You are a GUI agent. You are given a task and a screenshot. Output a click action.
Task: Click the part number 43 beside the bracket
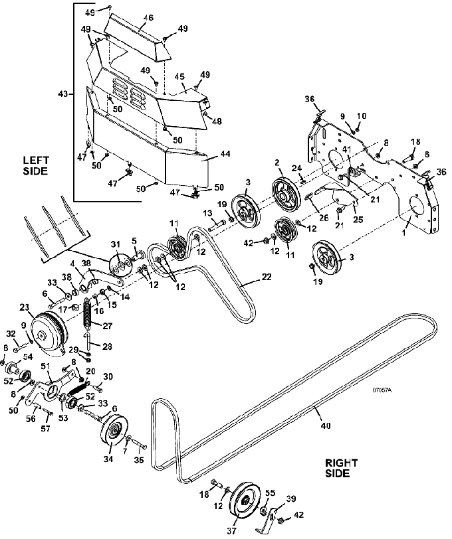click(x=63, y=94)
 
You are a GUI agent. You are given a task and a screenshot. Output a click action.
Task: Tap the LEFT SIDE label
click(x=36, y=165)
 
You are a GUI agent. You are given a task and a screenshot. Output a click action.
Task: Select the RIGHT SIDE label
click(x=342, y=468)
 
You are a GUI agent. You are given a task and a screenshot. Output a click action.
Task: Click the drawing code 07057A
click(x=382, y=390)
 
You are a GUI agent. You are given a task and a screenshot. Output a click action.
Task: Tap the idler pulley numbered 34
click(x=114, y=431)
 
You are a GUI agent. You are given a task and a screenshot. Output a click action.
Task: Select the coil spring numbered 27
click(x=88, y=315)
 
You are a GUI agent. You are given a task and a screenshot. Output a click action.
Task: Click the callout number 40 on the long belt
click(x=325, y=425)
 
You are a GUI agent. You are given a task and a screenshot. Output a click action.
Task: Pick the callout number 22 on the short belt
click(x=267, y=277)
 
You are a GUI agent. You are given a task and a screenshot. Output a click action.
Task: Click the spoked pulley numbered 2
click(x=284, y=193)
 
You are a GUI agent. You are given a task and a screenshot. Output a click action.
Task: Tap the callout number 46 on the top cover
click(x=148, y=18)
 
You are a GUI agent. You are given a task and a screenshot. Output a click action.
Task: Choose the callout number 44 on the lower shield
click(x=225, y=153)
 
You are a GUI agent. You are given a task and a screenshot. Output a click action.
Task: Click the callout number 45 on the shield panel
click(x=179, y=76)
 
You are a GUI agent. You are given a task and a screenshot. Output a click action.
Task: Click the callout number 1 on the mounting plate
click(x=404, y=232)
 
